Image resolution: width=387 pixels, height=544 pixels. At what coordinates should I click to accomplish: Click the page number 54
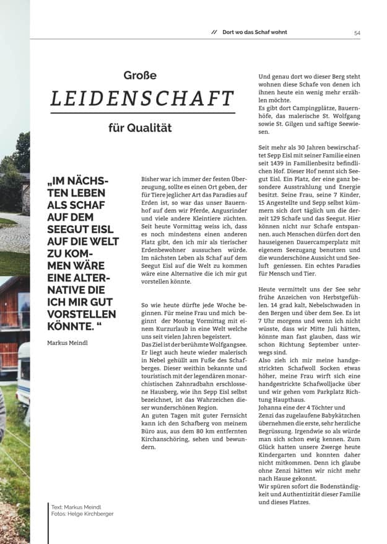357,33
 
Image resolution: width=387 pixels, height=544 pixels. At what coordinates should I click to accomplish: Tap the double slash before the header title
214,32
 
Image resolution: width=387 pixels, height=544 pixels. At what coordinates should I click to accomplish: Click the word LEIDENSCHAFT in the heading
142,99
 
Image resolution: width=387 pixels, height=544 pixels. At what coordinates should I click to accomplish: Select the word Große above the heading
140,76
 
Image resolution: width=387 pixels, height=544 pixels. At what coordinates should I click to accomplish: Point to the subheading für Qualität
140,128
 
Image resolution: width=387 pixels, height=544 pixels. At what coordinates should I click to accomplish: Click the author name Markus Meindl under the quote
67,342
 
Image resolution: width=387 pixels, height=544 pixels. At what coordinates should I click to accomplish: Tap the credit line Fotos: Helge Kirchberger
82,514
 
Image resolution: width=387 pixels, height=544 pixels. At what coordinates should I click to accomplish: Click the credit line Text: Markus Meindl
76,506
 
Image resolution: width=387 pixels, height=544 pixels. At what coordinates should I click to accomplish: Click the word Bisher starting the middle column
152,178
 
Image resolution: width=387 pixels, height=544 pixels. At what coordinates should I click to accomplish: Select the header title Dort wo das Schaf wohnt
254,32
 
